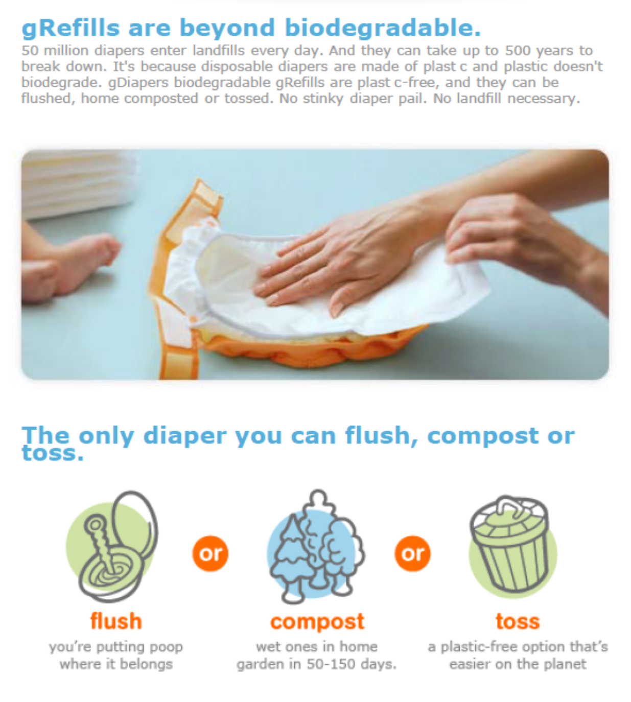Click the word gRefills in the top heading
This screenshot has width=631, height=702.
click(x=71, y=28)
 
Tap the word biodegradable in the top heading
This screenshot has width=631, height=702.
click(x=383, y=28)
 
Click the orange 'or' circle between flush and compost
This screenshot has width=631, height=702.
click(x=211, y=554)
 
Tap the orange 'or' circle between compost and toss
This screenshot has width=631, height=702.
click(x=413, y=554)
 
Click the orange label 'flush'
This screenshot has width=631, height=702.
click(x=116, y=621)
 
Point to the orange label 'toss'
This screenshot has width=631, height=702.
click(x=518, y=622)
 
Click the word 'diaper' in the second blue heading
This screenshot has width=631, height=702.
click(x=185, y=436)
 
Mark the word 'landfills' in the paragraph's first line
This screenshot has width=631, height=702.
click(x=219, y=51)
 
